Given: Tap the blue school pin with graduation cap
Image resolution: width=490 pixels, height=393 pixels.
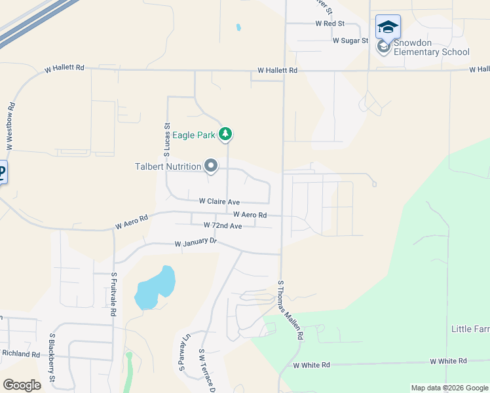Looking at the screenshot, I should click(388, 27).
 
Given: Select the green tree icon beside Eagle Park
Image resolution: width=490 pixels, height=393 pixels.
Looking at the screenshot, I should click(226, 135).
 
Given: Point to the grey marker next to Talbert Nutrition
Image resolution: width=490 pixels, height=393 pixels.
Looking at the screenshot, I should click(211, 166).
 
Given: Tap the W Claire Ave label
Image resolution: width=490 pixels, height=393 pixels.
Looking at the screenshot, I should click(219, 202).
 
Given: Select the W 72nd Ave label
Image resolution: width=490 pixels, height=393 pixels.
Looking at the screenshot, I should click(223, 225).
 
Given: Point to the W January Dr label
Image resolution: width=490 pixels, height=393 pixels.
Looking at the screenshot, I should click(195, 242).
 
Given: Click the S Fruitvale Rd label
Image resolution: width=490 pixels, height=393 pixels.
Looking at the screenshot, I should click(113, 294).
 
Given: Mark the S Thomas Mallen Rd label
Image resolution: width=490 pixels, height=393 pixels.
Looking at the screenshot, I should click(290, 310).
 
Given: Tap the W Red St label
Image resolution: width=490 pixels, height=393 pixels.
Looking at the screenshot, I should click(330, 23).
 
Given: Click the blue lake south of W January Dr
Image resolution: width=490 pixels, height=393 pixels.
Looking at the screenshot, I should click(155, 288).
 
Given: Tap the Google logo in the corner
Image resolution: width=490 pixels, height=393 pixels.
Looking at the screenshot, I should click(22, 385).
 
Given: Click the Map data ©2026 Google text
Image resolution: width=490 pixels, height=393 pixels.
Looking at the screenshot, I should click(449, 388).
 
